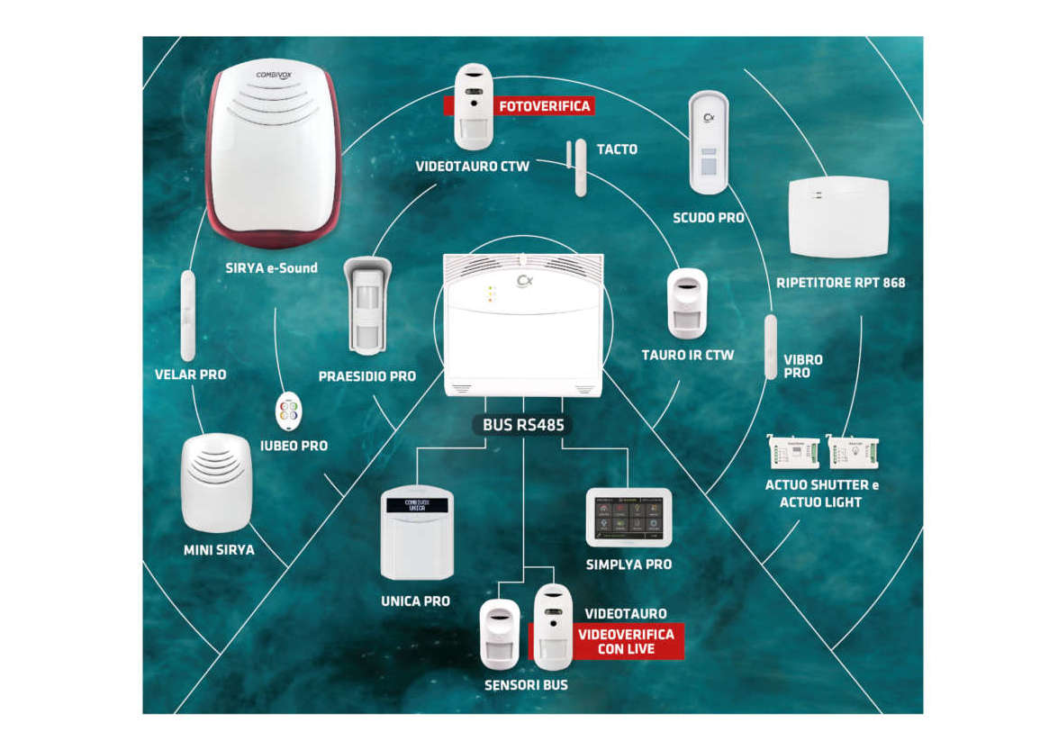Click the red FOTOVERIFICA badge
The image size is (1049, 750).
[x=544, y=106]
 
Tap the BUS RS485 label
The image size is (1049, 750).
[x=523, y=424]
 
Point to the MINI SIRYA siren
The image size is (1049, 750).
[x=216, y=482]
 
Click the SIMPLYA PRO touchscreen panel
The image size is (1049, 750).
[x=628, y=518]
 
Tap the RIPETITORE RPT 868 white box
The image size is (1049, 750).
[x=837, y=216]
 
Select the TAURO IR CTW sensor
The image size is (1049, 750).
[x=687, y=303]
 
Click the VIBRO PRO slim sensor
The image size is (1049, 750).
[x=771, y=347]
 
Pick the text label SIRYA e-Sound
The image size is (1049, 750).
[x=271, y=267]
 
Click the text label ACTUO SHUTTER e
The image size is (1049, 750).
[x=820, y=485]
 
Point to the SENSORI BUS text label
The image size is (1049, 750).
[x=526, y=685]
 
